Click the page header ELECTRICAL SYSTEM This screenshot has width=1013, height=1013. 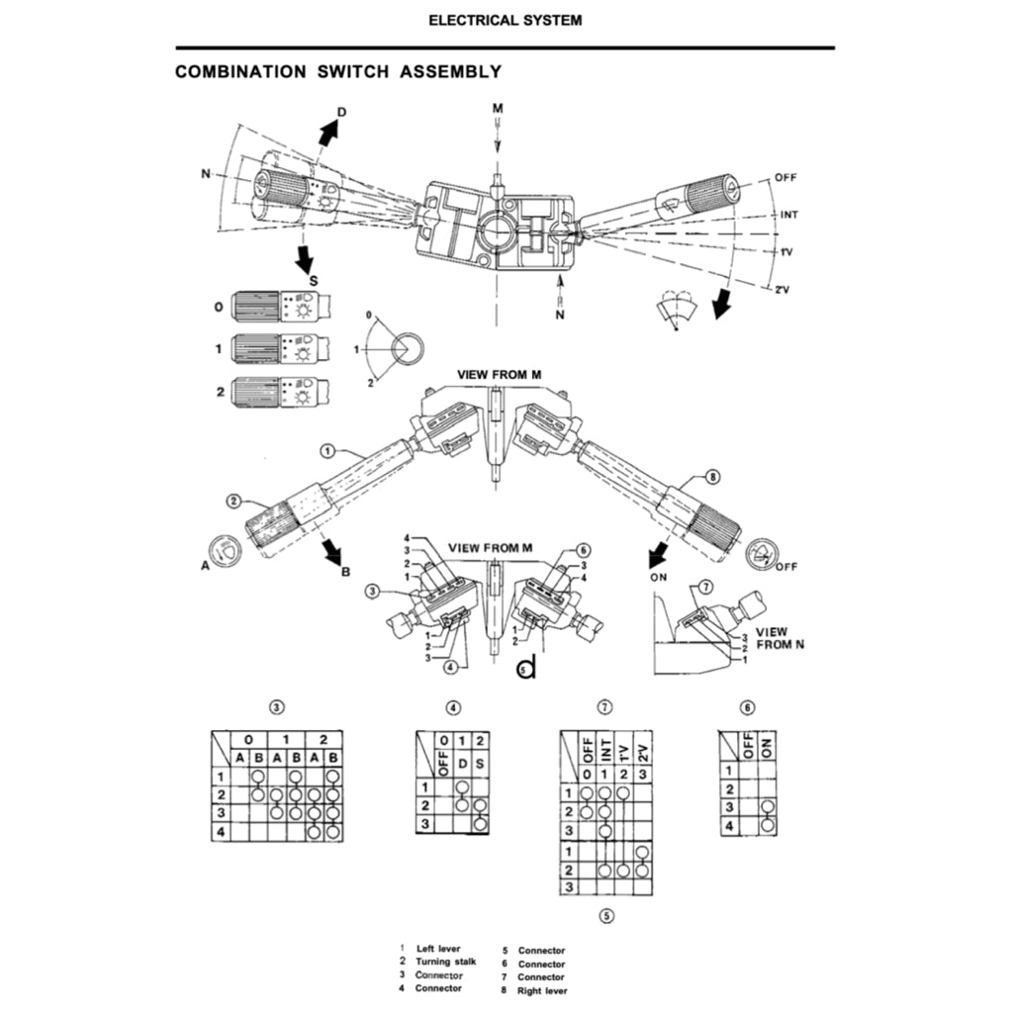click(506, 20)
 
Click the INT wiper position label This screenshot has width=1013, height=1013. click(790, 215)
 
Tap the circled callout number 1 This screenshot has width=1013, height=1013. click(327, 451)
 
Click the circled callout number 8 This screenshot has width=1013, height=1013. click(712, 477)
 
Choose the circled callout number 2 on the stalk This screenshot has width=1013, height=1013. click(234, 501)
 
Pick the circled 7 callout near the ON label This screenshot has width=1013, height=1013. click(705, 587)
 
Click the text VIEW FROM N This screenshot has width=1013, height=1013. click(778, 637)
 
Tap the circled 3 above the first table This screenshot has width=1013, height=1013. click(278, 707)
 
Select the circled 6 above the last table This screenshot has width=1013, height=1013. click(748, 707)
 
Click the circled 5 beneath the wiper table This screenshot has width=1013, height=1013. click(606, 915)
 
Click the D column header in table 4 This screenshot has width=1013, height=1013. click(461, 763)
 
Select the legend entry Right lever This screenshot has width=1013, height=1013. click(542, 990)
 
